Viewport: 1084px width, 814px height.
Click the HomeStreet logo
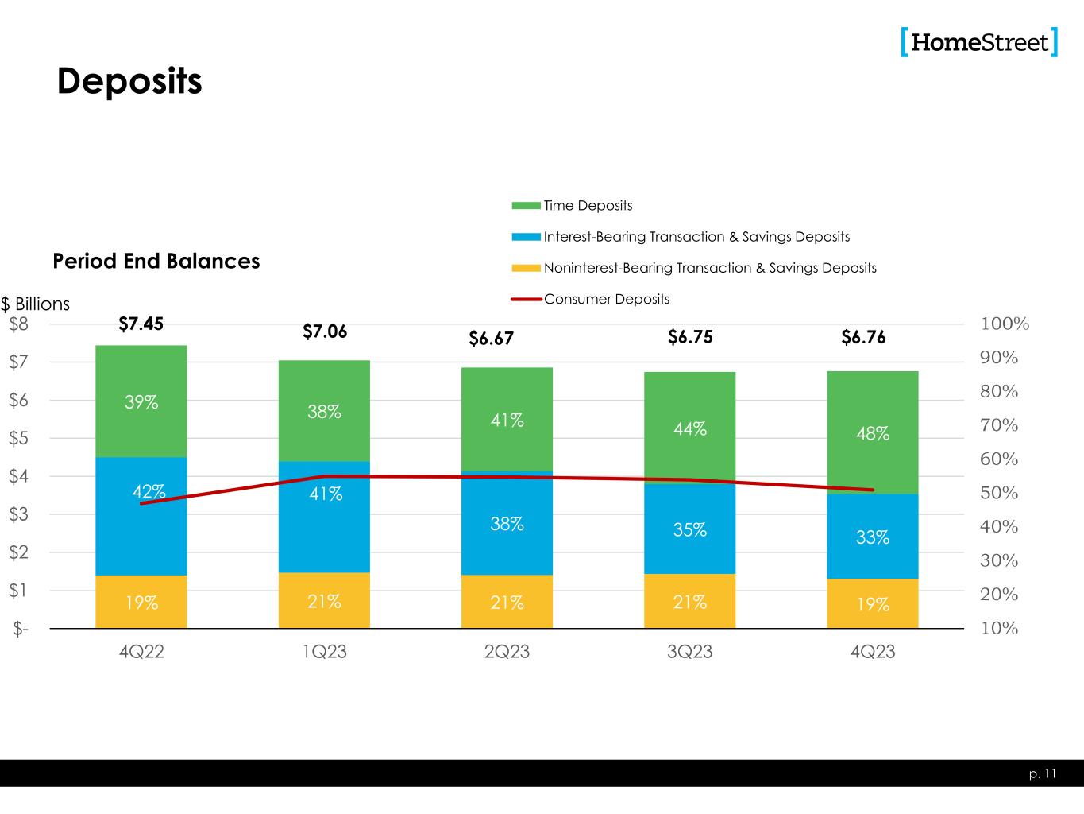979,41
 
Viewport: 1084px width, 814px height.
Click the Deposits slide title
129,81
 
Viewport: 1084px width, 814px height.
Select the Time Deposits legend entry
588,206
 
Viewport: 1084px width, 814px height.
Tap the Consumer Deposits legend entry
606,300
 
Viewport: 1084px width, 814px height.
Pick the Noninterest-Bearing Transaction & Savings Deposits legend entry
709,268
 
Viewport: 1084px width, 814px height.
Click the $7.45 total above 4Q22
141,324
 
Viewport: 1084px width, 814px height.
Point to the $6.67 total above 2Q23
491,339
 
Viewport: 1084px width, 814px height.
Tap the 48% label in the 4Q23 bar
872,434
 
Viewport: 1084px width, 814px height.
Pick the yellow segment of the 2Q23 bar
507,602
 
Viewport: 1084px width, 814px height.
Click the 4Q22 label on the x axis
141,653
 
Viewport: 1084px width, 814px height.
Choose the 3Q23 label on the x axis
689,653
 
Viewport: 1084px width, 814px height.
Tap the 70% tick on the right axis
999,425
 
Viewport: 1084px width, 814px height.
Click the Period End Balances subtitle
156,262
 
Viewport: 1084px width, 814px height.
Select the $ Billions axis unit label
35,304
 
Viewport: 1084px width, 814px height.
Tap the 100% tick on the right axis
1005,324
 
